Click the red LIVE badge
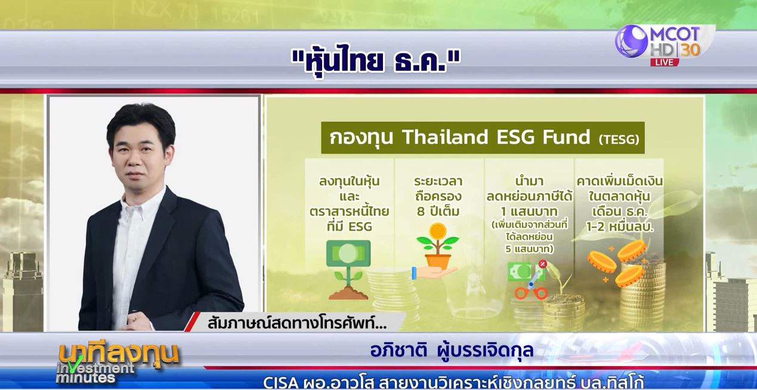(665, 62)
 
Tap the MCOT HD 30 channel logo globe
(631, 41)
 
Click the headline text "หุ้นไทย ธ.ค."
(376, 61)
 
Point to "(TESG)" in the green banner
(619, 140)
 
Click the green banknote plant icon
(348, 270)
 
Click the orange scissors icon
(530, 286)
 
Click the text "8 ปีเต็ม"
(438, 212)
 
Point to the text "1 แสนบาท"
(529, 212)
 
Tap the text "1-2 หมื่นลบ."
(620, 227)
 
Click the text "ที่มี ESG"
(349, 226)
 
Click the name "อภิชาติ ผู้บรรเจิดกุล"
(452, 350)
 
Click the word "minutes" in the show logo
(85, 377)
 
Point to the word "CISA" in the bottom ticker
(280, 383)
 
